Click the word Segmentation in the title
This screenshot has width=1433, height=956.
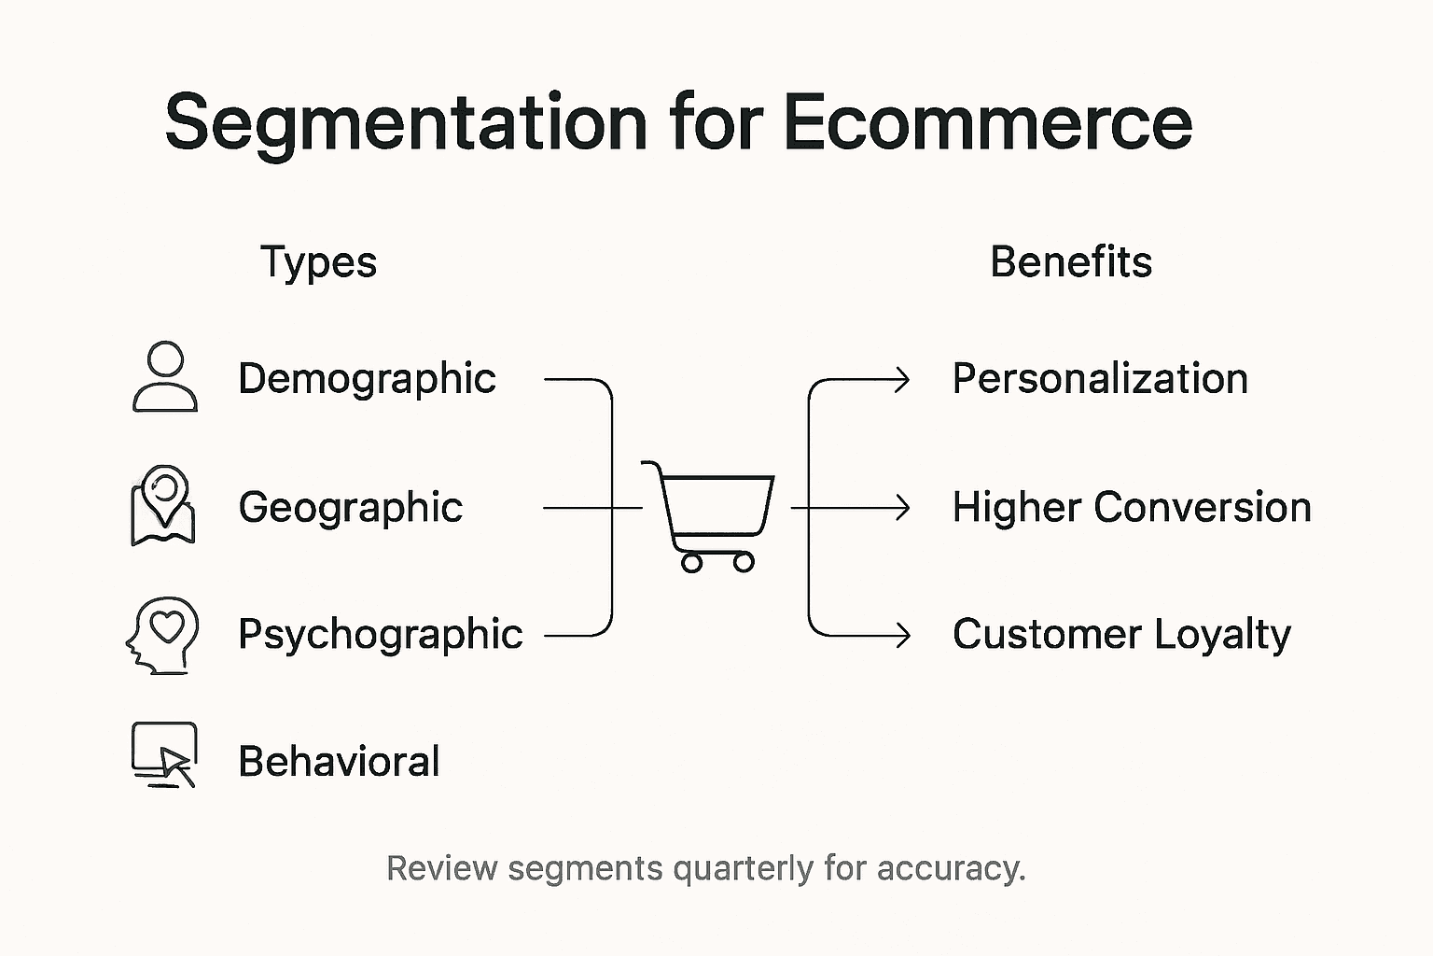(406, 122)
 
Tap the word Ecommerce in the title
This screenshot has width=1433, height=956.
(987, 122)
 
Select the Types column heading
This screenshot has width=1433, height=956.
(318, 262)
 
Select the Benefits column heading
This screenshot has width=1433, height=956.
(1070, 262)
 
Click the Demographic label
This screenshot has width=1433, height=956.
(367, 379)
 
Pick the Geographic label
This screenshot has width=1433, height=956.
(350, 508)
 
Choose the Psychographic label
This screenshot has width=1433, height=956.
(380, 635)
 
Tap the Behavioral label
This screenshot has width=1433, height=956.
(339, 762)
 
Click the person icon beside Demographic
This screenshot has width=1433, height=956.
(165, 376)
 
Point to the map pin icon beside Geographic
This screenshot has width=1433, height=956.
(163, 504)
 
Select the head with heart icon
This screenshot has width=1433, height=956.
(163, 635)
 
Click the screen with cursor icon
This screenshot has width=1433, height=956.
(165, 754)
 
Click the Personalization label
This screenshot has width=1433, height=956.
(1100, 379)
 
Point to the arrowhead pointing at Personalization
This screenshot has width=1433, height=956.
(903, 380)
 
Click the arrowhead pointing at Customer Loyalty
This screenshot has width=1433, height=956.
(903, 635)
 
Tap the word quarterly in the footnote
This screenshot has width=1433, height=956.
(744, 868)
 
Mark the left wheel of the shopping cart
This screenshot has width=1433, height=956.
(691, 562)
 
